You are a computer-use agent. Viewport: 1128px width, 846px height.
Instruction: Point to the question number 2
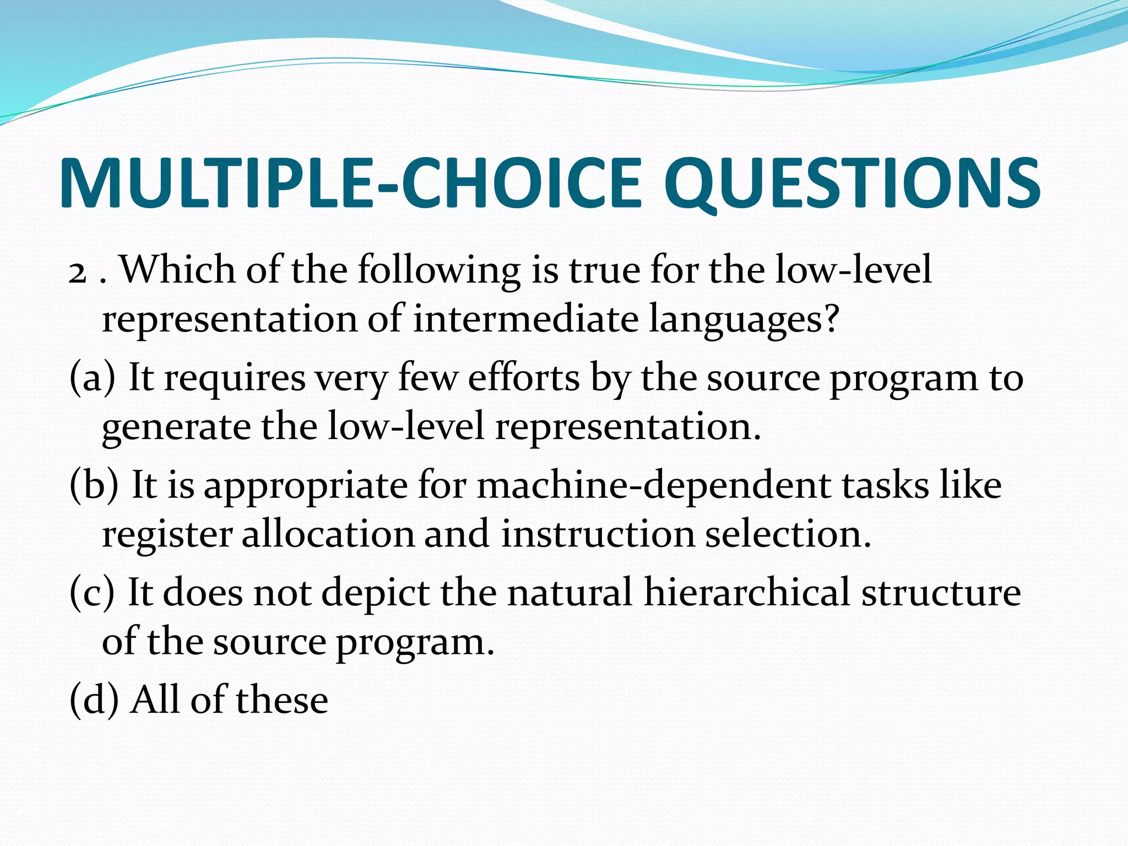[x=78, y=272]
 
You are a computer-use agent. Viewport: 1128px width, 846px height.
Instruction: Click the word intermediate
[x=525, y=319]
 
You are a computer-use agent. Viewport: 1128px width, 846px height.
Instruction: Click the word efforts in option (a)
[x=524, y=378]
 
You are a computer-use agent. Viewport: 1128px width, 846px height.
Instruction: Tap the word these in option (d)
[x=282, y=700]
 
